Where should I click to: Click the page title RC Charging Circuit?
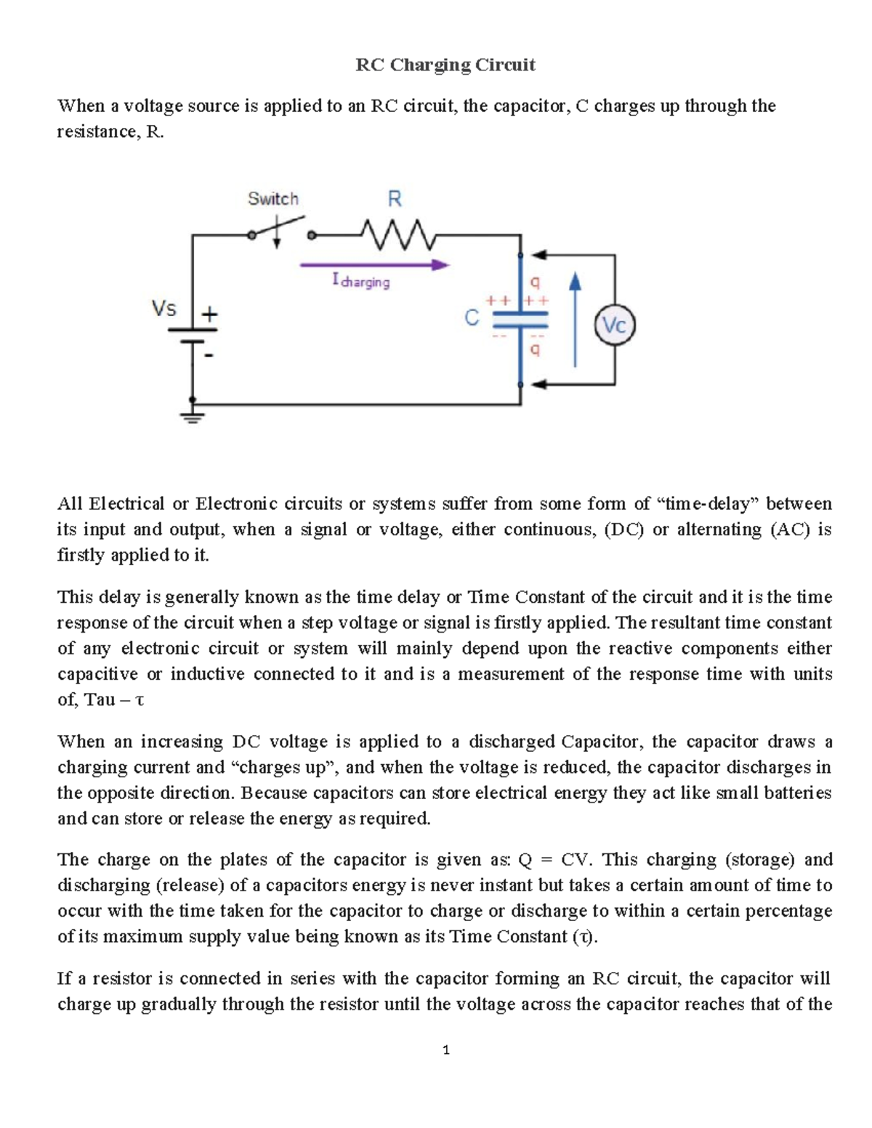[445, 65]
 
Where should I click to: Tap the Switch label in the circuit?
[273, 199]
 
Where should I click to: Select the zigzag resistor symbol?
[397, 235]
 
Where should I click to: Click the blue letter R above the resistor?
[395, 199]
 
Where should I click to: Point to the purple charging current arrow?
[374, 265]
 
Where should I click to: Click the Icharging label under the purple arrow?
[361, 281]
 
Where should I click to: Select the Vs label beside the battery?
[164, 309]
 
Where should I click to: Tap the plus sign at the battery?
[209, 315]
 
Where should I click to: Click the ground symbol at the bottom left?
[193, 416]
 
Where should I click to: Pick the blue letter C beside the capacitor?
[472, 318]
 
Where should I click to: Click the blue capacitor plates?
[520, 320]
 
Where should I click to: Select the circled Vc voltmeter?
[615, 326]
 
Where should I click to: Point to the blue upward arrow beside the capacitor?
[575, 320]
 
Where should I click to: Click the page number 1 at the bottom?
[445, 1050]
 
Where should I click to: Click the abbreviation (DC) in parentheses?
[624, 529]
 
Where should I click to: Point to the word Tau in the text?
[100, 700]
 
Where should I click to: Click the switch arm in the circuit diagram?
[280, 225]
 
